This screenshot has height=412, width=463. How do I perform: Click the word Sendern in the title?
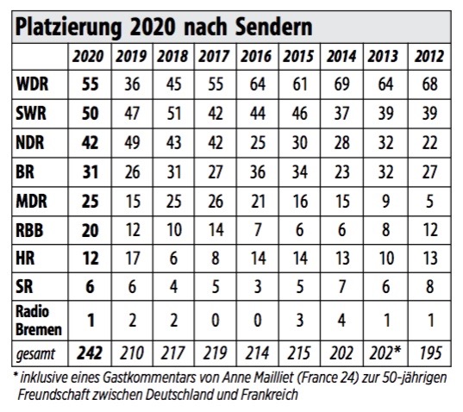click(273, 28)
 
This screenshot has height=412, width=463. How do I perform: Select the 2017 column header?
click(214, 56)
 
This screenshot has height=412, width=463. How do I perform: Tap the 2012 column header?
click(429, 56)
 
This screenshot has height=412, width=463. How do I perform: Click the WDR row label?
click(32, 84)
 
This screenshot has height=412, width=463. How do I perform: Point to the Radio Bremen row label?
click(39, 321)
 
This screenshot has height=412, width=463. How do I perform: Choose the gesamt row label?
click(35, 354)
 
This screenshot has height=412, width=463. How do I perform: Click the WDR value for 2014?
click(341, 84)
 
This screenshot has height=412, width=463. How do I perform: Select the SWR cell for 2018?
click(173, 113)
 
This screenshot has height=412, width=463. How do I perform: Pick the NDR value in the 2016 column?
click(258, 142)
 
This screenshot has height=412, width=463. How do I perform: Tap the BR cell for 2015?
click(300, 172)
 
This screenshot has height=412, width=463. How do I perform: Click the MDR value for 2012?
click(429, 202)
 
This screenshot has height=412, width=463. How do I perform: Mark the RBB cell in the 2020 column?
click(90, 230)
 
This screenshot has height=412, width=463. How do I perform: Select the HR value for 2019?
click(132, 259)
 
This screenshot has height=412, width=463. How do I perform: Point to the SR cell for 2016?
click(258, 286)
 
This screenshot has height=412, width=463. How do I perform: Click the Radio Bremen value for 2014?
click(342, 321)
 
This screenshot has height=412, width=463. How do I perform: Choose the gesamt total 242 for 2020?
click(90, 353)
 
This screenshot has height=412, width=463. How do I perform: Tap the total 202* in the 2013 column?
click(385, 353)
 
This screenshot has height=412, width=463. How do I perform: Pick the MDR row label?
click(31, 202)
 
